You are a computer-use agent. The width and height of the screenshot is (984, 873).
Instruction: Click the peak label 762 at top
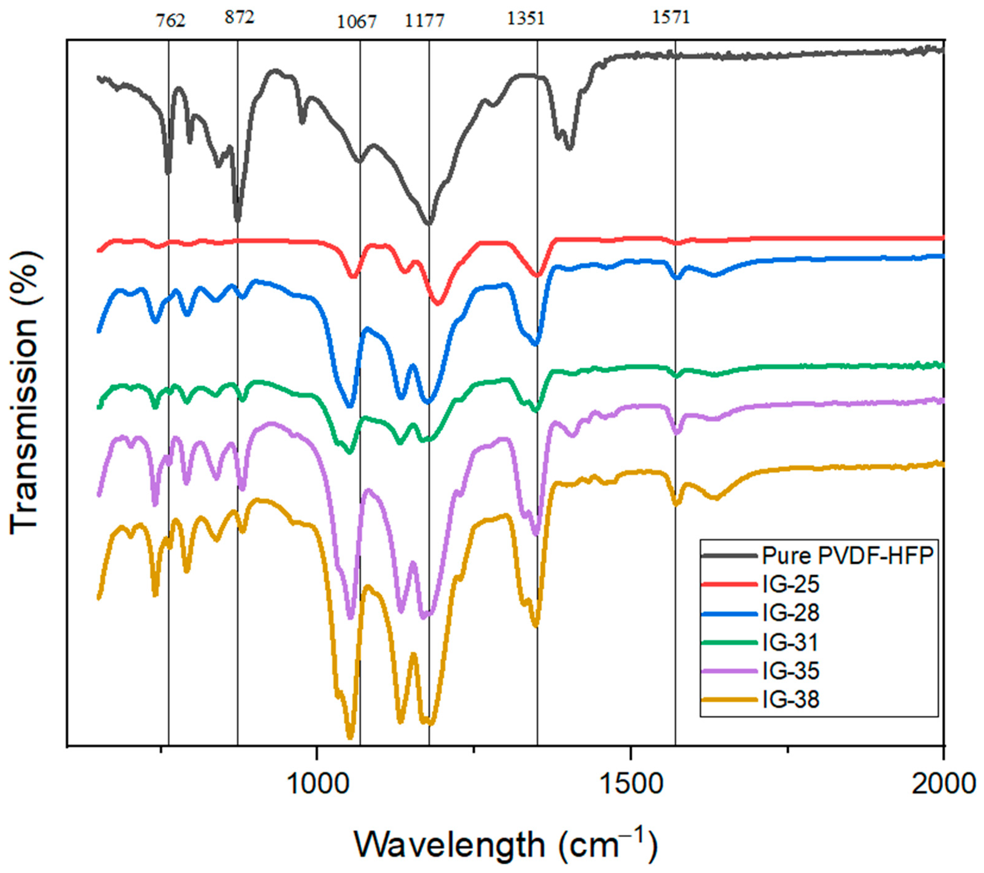[x=170, y=21]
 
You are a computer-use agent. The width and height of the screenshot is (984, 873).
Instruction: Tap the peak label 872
[x=239, y=18]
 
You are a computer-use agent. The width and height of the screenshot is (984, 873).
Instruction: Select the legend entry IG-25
[x=790, y=584]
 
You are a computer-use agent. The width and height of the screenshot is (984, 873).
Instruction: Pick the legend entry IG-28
[x=790, y=613]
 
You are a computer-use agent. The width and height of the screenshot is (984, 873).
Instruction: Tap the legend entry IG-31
[x=790, y=642]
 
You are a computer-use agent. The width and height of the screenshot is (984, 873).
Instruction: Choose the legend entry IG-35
[x=790, y=671]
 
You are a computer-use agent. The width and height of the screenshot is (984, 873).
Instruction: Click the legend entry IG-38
[x=790, y=700]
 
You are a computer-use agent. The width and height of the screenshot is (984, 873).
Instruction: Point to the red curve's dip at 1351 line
[x=538, y=276]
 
